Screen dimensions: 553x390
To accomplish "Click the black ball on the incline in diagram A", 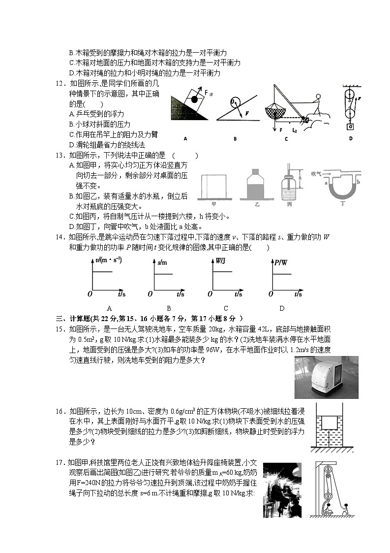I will (194, 100).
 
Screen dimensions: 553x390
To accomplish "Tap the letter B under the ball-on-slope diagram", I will (235, 139).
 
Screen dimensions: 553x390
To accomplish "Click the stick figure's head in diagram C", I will (319, 98).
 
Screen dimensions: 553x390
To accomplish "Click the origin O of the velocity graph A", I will (90, 294).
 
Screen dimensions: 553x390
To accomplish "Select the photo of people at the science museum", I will (281, 490).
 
